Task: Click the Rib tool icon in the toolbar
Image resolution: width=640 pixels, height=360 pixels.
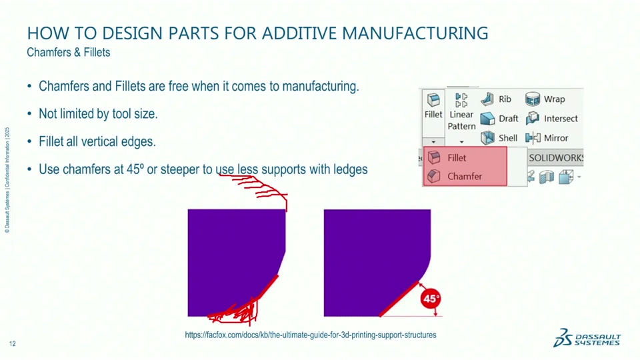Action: coord(488,99)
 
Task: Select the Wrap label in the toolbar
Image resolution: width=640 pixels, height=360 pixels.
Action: coord(554,99)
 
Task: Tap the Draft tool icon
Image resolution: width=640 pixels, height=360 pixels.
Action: coord(488,119)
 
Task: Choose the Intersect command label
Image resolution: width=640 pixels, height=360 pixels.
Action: coord(561,119)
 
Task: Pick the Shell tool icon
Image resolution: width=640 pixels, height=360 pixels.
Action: coord(488,138)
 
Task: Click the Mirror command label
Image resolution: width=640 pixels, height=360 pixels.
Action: coord(556,138)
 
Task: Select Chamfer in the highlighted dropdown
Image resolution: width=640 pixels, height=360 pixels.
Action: coord(464,177)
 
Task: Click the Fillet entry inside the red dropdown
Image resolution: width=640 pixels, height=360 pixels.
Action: coord(457,158)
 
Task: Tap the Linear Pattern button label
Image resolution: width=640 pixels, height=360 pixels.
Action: coord(461,120)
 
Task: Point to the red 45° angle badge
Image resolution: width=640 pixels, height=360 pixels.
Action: coord(431,299)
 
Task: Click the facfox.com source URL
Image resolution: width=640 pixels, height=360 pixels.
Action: coord(311,335)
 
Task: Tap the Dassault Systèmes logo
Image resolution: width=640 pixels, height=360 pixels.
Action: coord(587,338)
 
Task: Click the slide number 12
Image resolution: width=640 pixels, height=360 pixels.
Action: coord(13,343)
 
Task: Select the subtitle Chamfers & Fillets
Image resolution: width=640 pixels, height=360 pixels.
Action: coord(69,52)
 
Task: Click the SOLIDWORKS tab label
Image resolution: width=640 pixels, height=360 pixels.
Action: coord(556,158)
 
